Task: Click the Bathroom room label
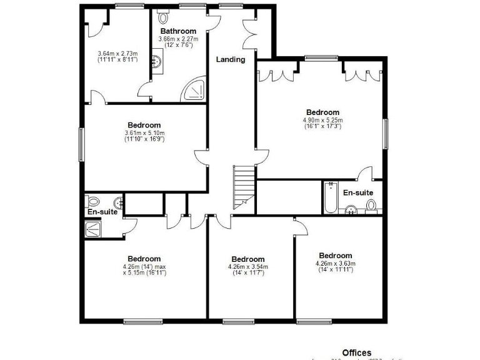(178, 31)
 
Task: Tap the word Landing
(231, 60)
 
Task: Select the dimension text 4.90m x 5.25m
(322, 120)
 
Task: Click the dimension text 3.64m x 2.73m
(117, 54)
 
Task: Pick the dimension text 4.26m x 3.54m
(248, 267)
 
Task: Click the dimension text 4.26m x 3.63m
(336, 263)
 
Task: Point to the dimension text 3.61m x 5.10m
(144, 132)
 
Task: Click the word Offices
(356, 353)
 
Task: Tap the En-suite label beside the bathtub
(359, 193)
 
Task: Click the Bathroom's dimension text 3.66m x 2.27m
(179, 39)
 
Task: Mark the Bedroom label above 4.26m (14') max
(144, 259)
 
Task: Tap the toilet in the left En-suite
(94, 201)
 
